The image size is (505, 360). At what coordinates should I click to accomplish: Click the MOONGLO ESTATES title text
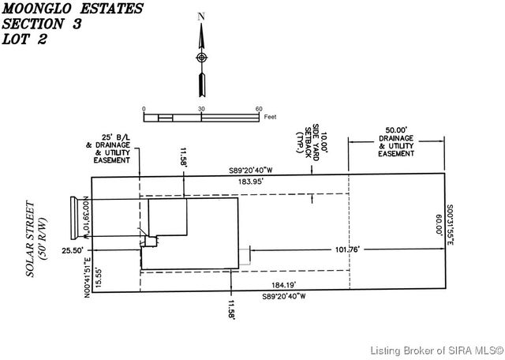(x=73, y=9)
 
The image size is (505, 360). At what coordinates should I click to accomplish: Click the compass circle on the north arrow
(x=201, y=58)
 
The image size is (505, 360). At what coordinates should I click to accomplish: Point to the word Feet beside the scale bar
(x=270, y=117)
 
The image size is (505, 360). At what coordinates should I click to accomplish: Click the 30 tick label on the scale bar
(x=201, y=109)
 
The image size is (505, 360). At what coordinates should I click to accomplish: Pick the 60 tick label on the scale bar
(x=259, y=109)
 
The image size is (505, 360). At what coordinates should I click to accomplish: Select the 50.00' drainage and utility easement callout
(x=395, y=141)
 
